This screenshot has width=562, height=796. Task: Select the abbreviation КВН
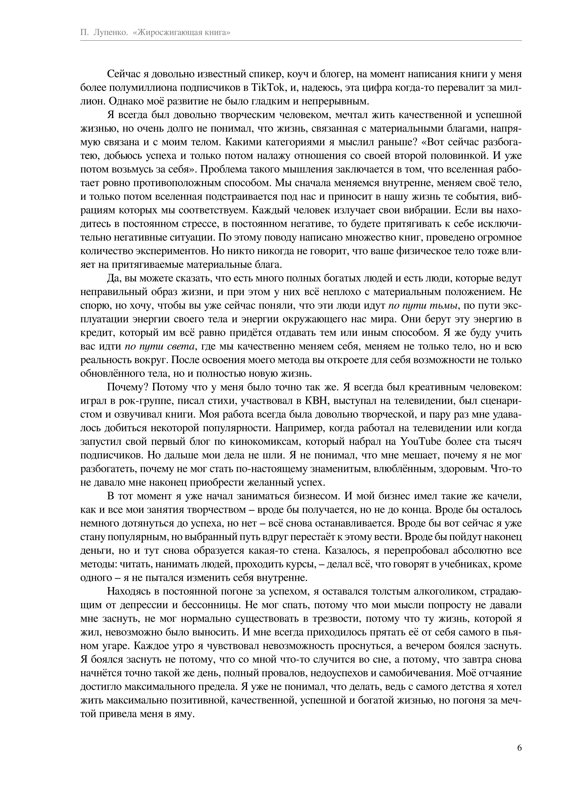316,401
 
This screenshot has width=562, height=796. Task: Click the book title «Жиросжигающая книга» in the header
182,33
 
